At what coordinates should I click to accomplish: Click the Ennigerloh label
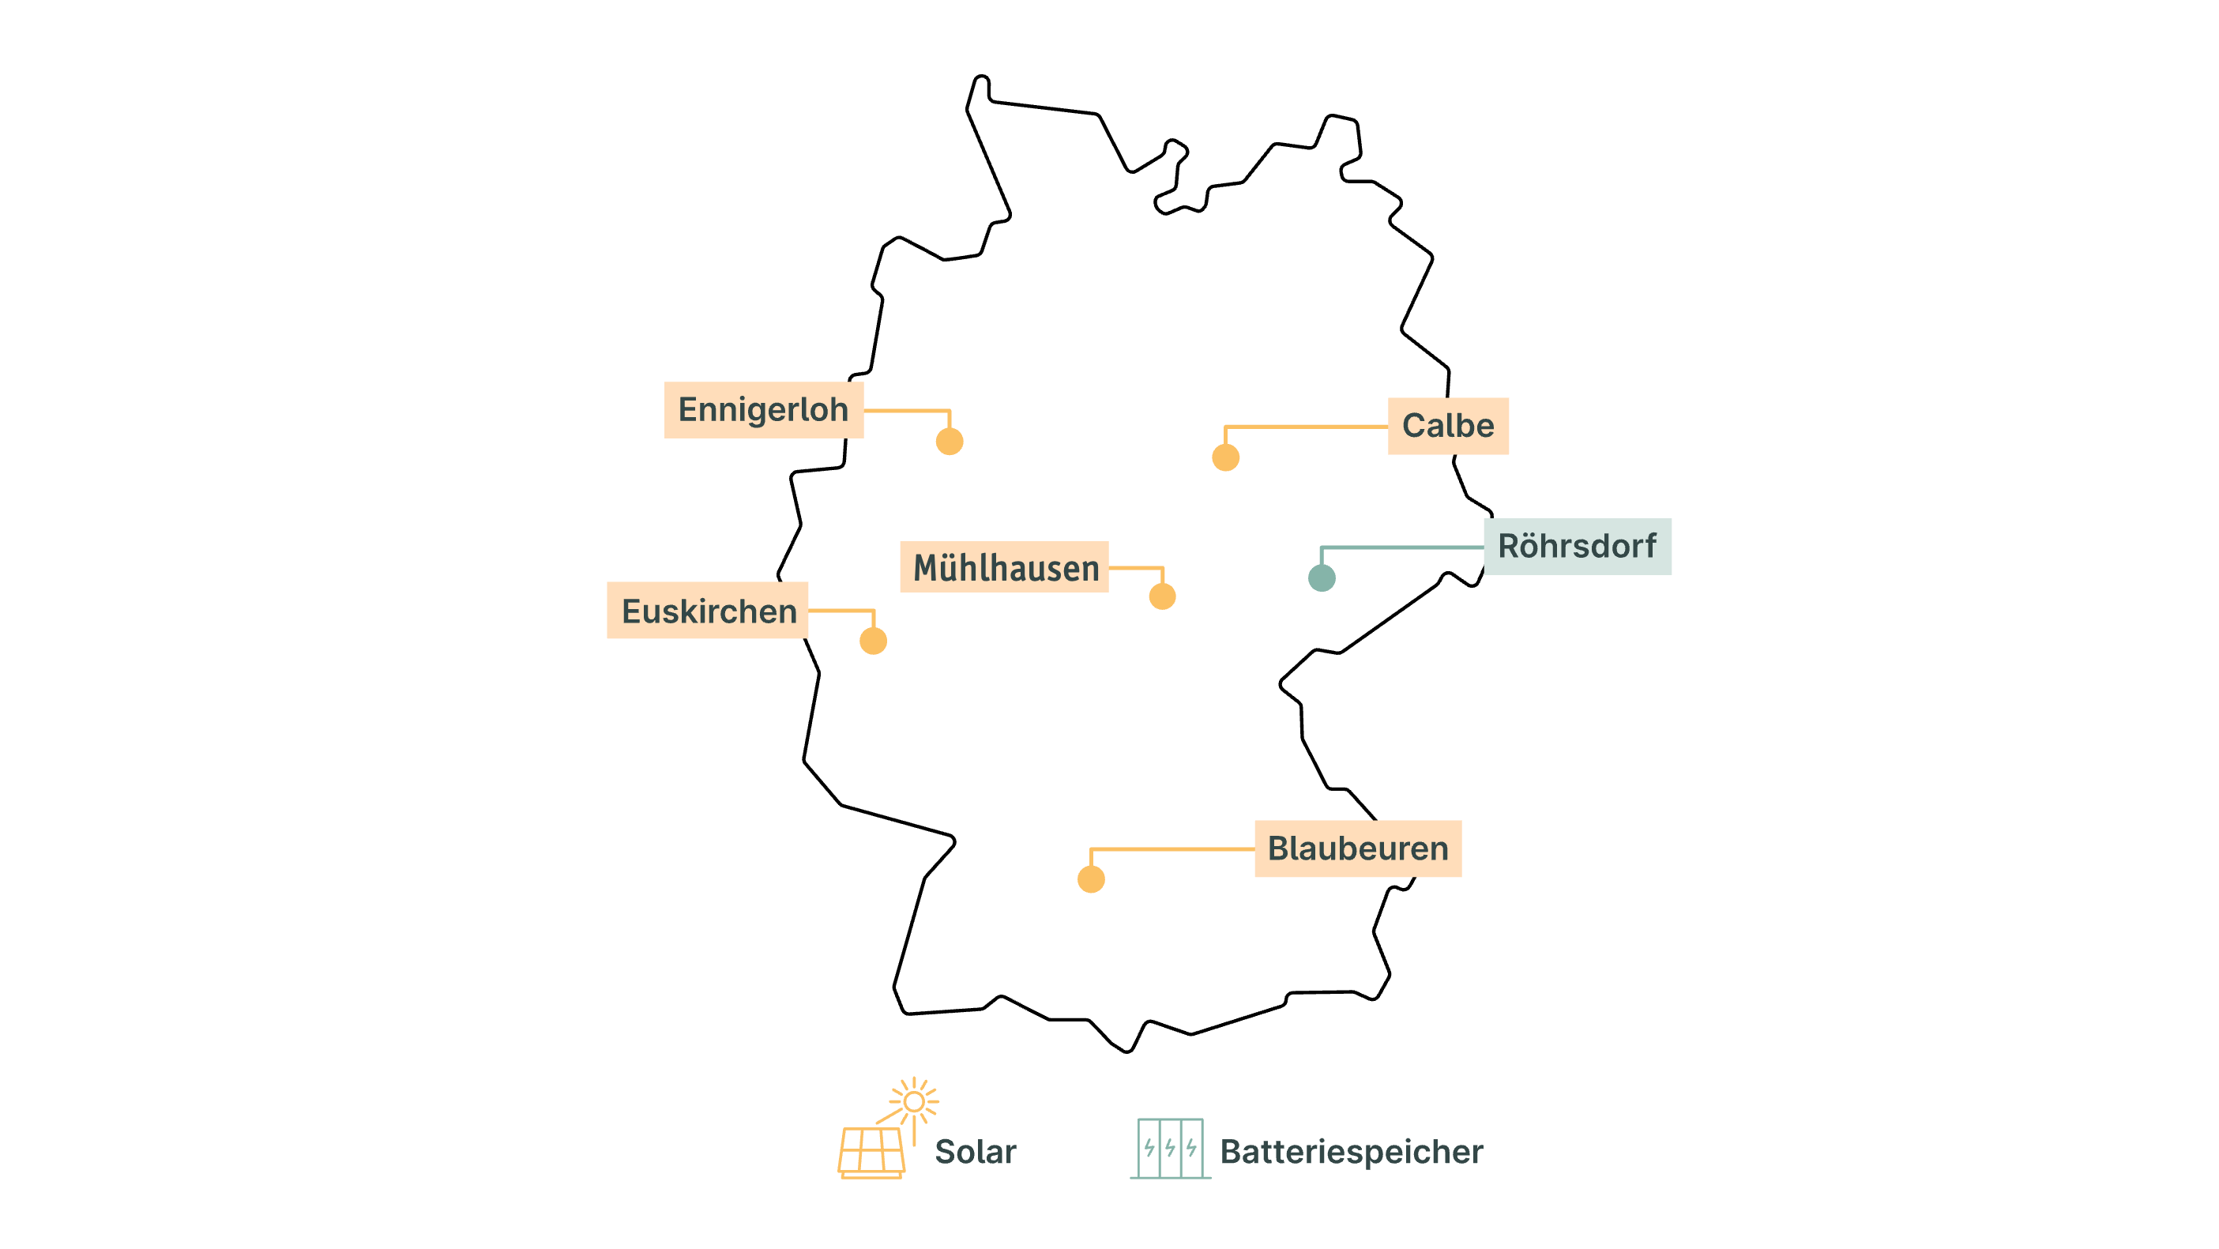pyautogui.click(x=763, y=410)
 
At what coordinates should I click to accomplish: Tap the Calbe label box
pyautogui.click(x=1448, y=426)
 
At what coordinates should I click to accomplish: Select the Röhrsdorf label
pyautogui.click(x=1578, y=546)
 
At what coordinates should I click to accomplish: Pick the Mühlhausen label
pyautogui.click(x=1004, y=566)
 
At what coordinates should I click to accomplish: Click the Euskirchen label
pyautogui.click(x=707, y=610)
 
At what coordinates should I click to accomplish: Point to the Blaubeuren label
pyautogui.click(x=1359, y=848)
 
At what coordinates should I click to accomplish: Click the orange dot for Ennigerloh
pyautogui.click(x=950, y=441)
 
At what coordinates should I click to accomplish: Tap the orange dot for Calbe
pyautogui.click(x=1226, y=457)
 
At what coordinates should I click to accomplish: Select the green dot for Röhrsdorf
pyautogui.click(x=1322, y=578)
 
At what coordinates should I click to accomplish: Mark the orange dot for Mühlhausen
pyautogui.click(x=1163, y=596)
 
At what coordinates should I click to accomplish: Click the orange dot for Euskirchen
pyautogui.click(x=874, y=641)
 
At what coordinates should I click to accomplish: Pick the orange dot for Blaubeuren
pyautogui.click(x=1092, y=879)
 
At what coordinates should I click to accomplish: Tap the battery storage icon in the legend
pyautogui.click(x=1171, y=1148)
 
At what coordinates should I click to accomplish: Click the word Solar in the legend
pyautogui.click(x=975, y=1152)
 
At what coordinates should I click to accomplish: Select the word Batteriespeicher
pyautogui.click(x=1352, y=1152)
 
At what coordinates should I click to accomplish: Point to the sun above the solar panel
pyautogui.click(x=914, y=1102)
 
